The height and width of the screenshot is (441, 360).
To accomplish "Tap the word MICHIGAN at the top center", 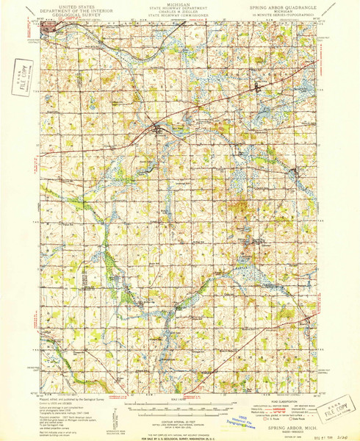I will pos(180,4).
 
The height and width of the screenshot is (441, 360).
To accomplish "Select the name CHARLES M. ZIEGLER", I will pos(180,11).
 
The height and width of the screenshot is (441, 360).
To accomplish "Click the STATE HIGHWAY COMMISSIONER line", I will pos(180,15).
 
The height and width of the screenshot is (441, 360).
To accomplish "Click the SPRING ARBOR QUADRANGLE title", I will pos(284,6).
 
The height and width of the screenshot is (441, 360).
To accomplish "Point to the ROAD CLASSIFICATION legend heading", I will pos(284,402).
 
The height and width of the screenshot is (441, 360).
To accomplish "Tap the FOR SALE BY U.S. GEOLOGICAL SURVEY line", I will pos(179,437).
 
